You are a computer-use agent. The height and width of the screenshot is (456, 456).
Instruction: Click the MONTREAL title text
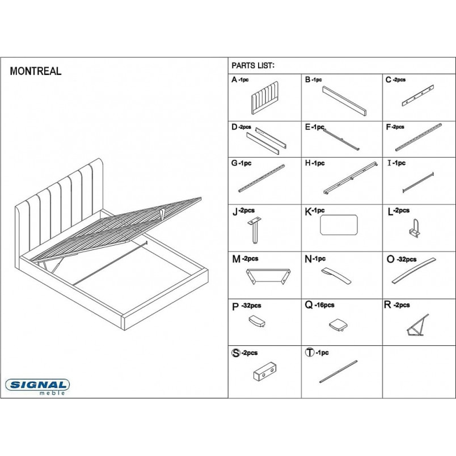(x=36, y=71)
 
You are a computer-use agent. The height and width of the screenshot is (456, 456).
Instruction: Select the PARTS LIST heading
(x=253, y=66)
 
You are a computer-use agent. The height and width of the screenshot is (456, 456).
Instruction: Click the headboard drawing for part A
(x=264, y=98)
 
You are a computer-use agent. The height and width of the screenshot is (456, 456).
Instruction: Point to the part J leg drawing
(x=255, y=230)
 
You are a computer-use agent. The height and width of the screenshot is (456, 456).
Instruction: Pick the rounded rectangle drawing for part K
(x=339, y=225)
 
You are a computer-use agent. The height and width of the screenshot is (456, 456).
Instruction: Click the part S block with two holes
(x=265, y=371)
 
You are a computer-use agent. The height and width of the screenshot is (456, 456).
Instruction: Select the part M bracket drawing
(x=268, y=276)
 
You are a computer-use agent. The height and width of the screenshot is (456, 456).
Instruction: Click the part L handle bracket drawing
(x=414, y=228)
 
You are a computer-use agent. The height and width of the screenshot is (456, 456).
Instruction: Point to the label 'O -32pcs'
(x=402, y=259)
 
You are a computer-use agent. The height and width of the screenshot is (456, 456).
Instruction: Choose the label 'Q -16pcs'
(x=319, y=305)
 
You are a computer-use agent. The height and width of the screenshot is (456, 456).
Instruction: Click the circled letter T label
(x=310, y=352)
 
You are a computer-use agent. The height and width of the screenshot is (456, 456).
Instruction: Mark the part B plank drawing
(x=344, y=100)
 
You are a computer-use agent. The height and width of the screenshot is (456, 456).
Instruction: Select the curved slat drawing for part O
(x=414, y=271)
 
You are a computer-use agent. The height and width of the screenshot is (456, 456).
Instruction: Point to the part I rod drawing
(x=418, y=183)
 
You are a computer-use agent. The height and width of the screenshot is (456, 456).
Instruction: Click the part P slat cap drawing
(x=257, y=321)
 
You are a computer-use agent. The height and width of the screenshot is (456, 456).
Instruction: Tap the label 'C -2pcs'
(x=395, y=79)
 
